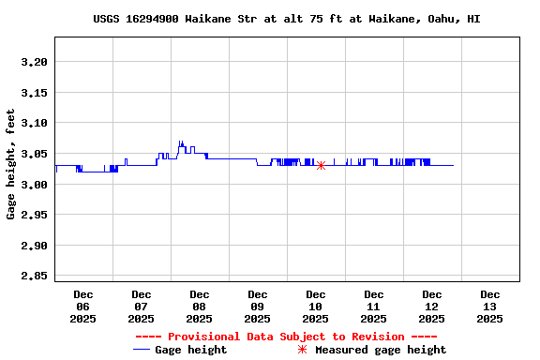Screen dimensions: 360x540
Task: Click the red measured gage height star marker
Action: click(x=321, y=165)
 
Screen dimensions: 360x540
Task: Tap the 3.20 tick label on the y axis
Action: click(x=34, y=62)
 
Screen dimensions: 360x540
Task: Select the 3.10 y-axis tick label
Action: click(x=34, y=123)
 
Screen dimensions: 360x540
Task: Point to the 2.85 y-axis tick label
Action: click(x=34, y=277)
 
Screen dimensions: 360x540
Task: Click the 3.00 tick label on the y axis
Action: click(x=34, y=185)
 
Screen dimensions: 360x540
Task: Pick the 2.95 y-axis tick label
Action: click(x=34, y=216)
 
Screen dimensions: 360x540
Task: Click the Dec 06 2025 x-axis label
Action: click(x=83, y=307)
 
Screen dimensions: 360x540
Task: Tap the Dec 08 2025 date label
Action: click(x=199, y=307)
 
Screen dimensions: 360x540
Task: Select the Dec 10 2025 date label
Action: click(x=315, y=307)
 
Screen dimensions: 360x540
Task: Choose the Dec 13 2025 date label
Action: click(x=489, y=307)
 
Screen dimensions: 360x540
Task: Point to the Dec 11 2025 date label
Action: click(x=373, y=307)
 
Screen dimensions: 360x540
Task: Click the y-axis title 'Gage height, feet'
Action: click(x=11, y=164)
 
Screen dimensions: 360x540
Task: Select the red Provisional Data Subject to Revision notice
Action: click(x=286, y=337)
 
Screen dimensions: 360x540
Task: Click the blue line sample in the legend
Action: click(x=142, y=350)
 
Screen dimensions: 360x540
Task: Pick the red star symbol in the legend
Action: click(x=302, y=350)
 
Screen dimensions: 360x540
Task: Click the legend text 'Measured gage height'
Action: click(x=381, y=350)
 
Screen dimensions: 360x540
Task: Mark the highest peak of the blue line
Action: click(x=181, y=142)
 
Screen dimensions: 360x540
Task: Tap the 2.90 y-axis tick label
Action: click(x=34, y=246)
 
